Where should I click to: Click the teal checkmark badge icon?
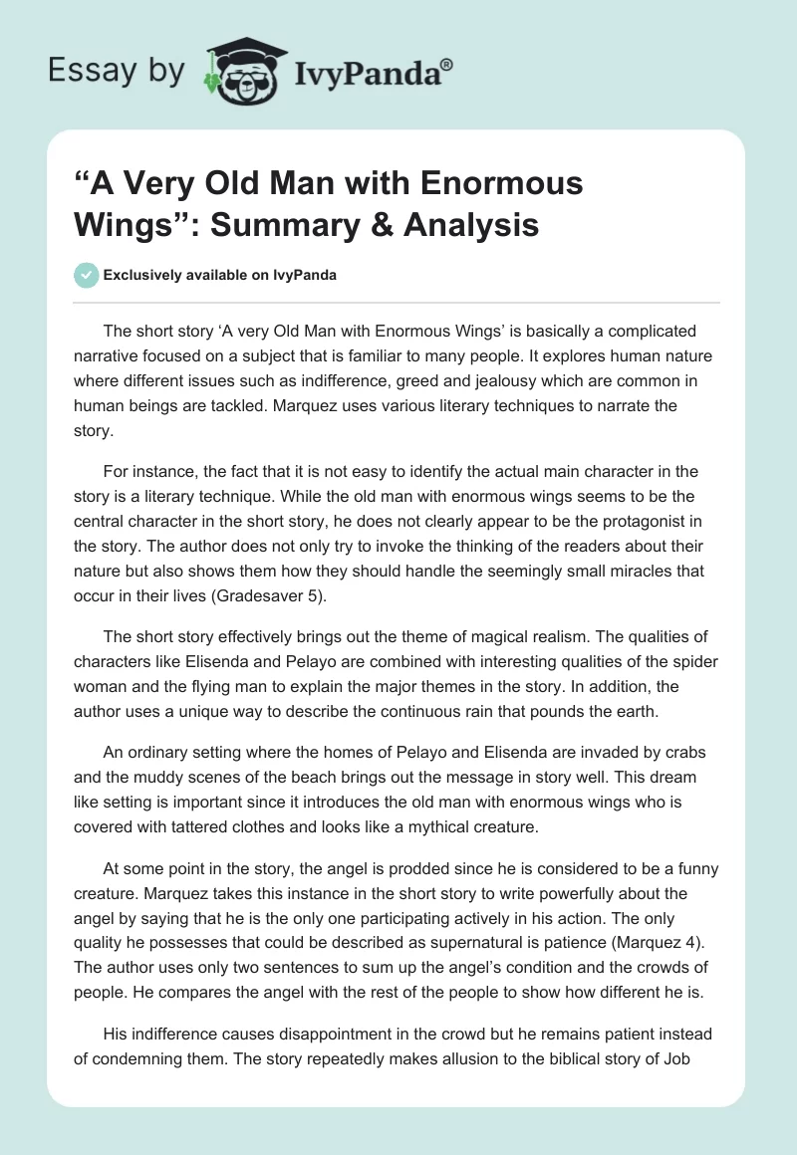tap(86, 275)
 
